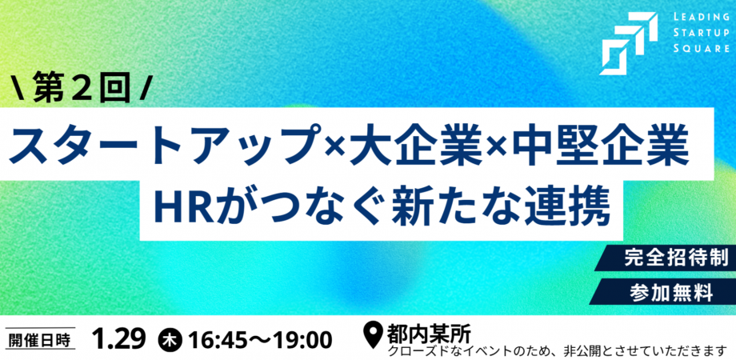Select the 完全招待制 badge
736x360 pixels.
(x=676, y=258)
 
